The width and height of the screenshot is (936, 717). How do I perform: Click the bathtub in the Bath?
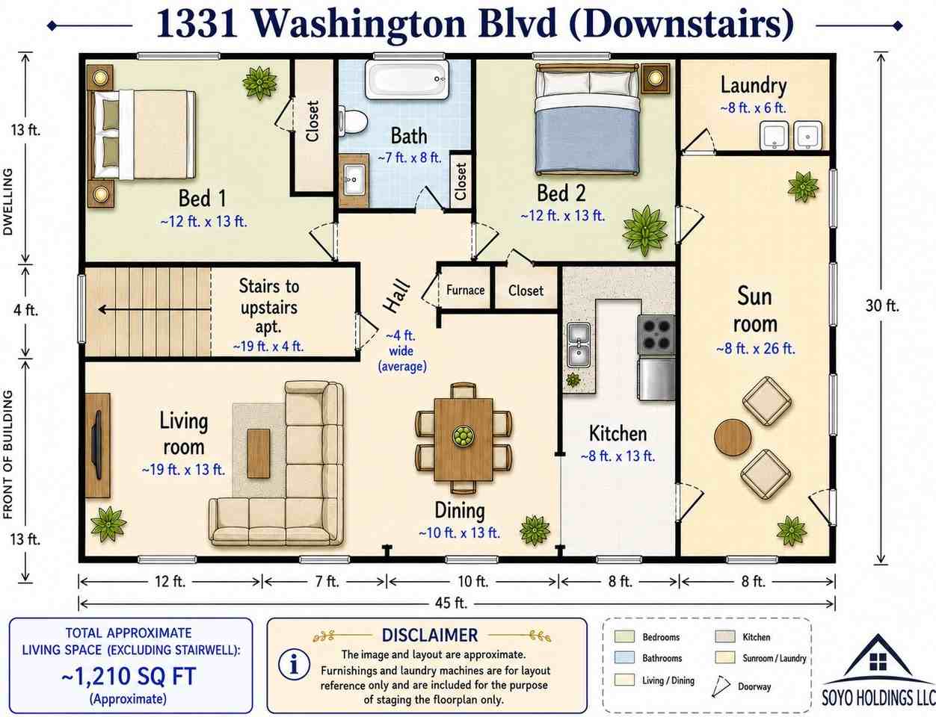[x=407, y=80]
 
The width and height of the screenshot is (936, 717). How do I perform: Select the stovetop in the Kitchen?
[x=656, y=335]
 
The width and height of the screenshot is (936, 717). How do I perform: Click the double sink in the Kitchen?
[x=579, y=345]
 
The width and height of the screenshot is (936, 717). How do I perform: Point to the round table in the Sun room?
[x=733, y=437]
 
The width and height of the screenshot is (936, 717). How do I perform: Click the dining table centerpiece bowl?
[x=464, y=437]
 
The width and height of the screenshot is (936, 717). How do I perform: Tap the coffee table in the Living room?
[x=259, y=453]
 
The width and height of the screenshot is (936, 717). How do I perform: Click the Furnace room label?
[x=465, y=291]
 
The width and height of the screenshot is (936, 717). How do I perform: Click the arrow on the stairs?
[x=155, y=309]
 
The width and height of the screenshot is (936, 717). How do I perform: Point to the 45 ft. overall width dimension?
[x=451, y=603]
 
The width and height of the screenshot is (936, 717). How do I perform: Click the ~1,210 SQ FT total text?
[x=129, y=676]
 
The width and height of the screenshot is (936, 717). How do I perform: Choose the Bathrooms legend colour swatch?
[x=624, y=658]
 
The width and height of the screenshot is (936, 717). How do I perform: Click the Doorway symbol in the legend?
[x=721, y=687]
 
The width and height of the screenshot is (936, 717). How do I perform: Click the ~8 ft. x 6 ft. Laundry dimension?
[x=754, y=108]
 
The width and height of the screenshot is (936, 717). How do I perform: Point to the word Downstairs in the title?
[x=681, y=25]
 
